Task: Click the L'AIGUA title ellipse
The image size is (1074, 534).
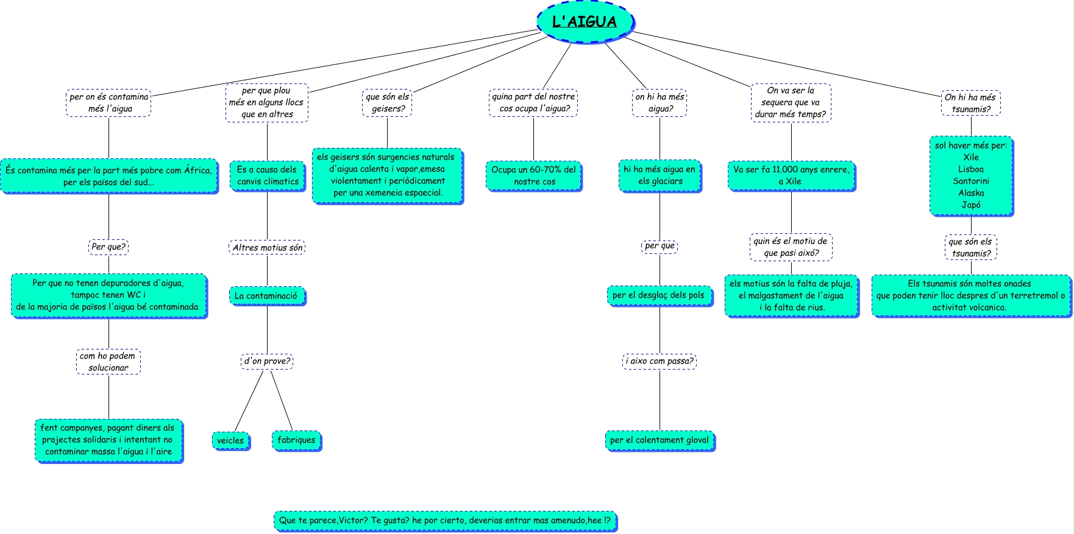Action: pos(585,21)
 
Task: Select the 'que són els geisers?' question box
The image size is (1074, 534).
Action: pos(388,103)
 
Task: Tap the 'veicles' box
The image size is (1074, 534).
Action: pos(230,441)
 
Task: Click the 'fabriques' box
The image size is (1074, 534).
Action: pos(296,440)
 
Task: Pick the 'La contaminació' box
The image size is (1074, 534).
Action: pos(266,296)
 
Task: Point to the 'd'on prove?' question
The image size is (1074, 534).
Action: pos(267,361)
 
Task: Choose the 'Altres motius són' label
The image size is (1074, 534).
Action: pos(267,248)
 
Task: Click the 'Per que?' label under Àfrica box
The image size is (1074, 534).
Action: pos(108,247)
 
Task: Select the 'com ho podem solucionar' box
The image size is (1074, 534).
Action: pos(108,362)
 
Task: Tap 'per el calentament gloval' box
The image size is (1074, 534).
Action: pos(660,440)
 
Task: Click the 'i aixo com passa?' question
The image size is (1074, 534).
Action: pos(660,361)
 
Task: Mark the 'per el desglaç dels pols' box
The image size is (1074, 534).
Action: pos(659,295)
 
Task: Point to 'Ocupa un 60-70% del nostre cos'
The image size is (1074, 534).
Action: pos(534,176)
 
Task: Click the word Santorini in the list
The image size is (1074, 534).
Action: pos(971,181)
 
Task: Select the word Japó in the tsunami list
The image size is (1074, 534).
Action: pos(971,205)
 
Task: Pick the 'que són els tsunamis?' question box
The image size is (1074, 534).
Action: pos(971,247)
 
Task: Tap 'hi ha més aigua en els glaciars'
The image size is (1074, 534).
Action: pos(660,175)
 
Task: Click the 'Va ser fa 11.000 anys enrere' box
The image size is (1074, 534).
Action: pos(791,175)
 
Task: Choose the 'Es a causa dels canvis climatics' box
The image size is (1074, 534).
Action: pos(267,175)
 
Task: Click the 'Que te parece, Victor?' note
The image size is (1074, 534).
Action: pos(445,521)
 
